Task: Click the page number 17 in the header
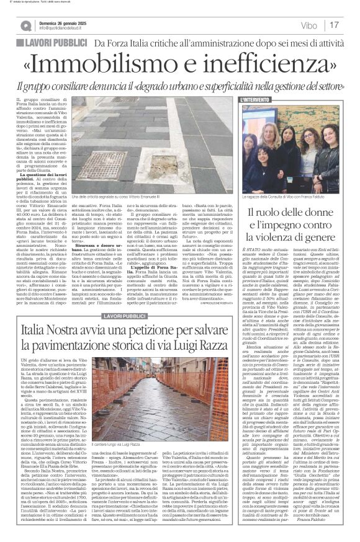click(x=351, y=25)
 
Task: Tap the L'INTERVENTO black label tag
click(x=255, y=99)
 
